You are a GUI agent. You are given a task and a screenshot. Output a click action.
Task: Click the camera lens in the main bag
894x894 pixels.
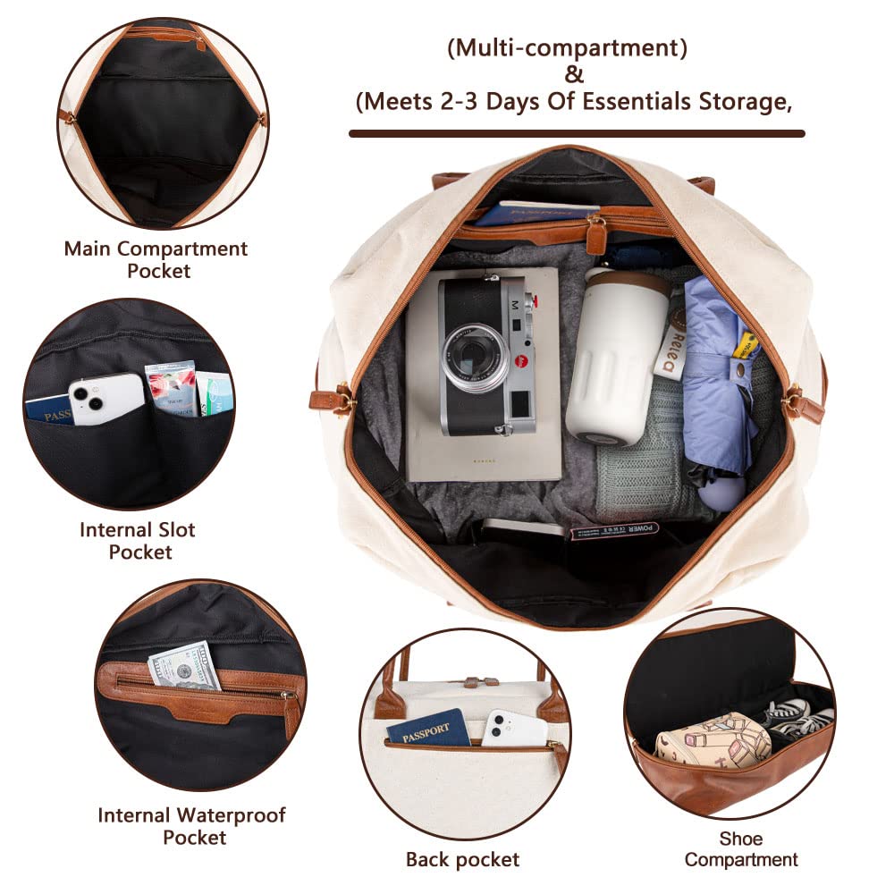tap(474, 357)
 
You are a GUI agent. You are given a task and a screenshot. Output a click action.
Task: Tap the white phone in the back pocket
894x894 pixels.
tap(514, 728)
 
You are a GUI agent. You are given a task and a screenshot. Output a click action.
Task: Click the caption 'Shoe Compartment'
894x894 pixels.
tap(741, 849)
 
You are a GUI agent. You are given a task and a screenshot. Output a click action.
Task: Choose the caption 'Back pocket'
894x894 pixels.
tap(462, 860)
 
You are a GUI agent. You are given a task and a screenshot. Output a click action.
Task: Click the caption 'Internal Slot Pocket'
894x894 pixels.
tap(139, 540)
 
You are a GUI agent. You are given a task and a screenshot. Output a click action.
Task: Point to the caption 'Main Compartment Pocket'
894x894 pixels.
tap(155, 259)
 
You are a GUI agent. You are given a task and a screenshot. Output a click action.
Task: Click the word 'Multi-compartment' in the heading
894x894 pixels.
tap(568, 48)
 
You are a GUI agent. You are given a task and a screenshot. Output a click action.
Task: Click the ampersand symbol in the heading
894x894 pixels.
tap(574, 75)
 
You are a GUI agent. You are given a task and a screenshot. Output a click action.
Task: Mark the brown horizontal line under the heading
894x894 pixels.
tap(576, 133)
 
